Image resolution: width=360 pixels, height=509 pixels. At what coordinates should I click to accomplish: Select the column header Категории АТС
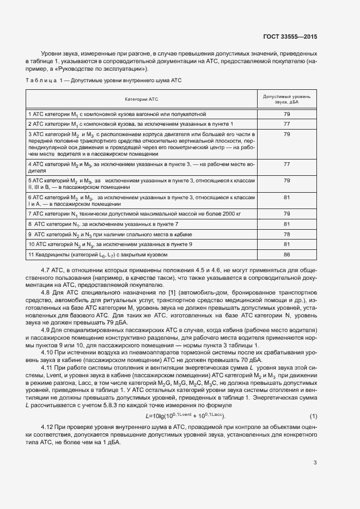141,99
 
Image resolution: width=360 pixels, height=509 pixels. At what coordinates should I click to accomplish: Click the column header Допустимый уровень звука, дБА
287,99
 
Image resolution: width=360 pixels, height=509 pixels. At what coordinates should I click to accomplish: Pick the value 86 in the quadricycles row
287,254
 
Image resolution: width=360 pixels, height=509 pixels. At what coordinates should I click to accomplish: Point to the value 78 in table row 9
287,234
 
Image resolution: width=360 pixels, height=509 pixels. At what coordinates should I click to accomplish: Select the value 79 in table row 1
287,114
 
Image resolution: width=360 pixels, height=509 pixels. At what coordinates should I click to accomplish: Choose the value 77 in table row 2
287,124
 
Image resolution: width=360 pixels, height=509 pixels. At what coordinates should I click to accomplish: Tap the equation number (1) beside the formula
313,401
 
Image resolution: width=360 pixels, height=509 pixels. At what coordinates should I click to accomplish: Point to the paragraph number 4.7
46,269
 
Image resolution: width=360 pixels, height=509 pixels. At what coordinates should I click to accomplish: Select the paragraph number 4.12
48,413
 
